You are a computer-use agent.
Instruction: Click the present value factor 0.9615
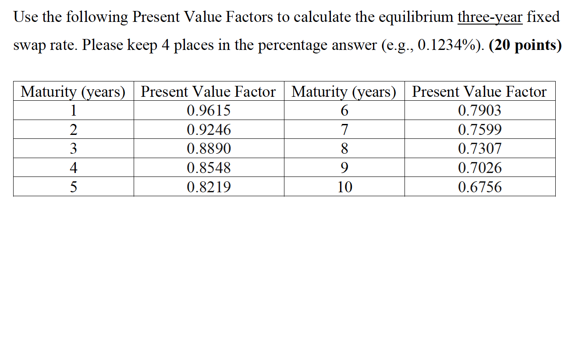tap(209, 110)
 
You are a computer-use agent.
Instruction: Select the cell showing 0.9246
tap(209, 130)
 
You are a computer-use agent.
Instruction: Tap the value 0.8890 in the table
tap(209, 149)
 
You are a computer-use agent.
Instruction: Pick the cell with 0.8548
tap(209, 168)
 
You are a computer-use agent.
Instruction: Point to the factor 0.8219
tap(209, 187)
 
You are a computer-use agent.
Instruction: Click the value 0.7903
tap(479, 110)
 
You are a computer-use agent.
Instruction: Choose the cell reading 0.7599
tap(479, 130)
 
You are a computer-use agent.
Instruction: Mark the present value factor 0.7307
tap(479, 149)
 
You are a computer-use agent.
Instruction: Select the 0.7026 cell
tap(479, 168)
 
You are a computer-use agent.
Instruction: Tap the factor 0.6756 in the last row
tap(479, 187)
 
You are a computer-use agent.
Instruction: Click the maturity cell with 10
tap(344, 187)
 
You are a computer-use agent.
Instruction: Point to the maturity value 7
tap(344, 130)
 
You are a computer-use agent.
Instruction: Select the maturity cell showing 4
tap(73, 168)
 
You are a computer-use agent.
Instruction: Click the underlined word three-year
tap(490, 17)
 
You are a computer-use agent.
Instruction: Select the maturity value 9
tap(344, 168)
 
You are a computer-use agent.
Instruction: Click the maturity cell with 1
tap(73, 110)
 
